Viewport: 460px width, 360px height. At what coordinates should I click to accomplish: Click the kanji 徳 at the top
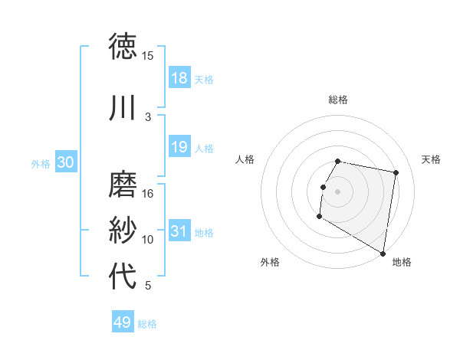coord(123,46)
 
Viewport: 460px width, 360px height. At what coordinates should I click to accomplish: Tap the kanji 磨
coord(123,184)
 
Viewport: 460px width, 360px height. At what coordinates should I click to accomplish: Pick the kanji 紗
coord(123,231)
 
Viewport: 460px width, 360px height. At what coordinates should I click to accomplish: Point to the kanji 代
coord(123,276)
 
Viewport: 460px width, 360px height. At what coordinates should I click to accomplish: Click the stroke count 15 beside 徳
coord(148,56)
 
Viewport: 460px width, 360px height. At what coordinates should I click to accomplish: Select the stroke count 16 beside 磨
coord(148,194)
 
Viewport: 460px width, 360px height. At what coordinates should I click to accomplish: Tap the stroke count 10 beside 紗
coord(148,240)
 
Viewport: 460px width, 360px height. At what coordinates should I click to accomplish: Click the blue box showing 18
coord(179,78)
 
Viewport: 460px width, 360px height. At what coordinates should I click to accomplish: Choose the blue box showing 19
coord(179,147)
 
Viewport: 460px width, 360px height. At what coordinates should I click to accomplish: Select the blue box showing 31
coord(179,231)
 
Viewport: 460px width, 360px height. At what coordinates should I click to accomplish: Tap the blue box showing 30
coord(65,162)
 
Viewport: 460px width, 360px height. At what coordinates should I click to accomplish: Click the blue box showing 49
coord(122,322)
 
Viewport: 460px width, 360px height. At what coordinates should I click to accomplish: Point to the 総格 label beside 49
coord(148,324)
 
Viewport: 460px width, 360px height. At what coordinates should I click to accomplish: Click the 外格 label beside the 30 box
coord(41,163)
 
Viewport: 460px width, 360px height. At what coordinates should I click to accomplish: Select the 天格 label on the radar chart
coord(431,159)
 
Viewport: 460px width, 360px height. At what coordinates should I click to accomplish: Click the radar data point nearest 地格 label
coord(383,253)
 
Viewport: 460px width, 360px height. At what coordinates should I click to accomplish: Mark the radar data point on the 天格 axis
coord(396,173)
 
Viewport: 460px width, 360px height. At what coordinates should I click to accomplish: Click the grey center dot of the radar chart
coord(337,191)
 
